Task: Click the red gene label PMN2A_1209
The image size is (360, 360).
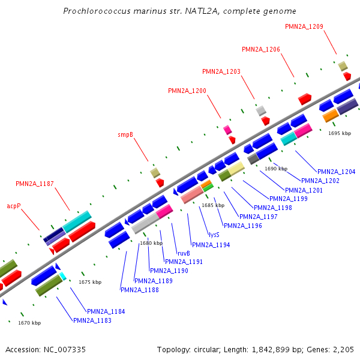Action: pos(304,26)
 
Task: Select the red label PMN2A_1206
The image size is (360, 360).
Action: pos(261,49)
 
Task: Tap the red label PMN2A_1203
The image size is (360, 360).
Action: pos(221,71)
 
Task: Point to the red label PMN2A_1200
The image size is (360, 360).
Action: pos(187,91)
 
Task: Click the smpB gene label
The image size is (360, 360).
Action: pos(125,135)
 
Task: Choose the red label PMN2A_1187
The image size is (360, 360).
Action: pos(35,183)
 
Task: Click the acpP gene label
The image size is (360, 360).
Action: pos(14,205)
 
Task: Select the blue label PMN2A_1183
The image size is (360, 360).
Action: pos(92,320)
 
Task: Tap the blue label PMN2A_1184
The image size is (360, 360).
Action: pos(106,311)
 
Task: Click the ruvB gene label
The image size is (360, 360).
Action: pos(184,253)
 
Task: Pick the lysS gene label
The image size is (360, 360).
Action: pos(214,235)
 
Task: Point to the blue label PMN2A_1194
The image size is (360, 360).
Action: pos(211,245)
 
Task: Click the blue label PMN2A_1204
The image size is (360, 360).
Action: pos(336,172)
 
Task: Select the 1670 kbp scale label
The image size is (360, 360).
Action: pos(29,323)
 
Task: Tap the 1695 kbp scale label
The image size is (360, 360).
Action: pos(340,133)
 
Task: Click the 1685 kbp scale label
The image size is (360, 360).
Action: pos(212,205)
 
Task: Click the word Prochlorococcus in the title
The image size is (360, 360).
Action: pos(97,11)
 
